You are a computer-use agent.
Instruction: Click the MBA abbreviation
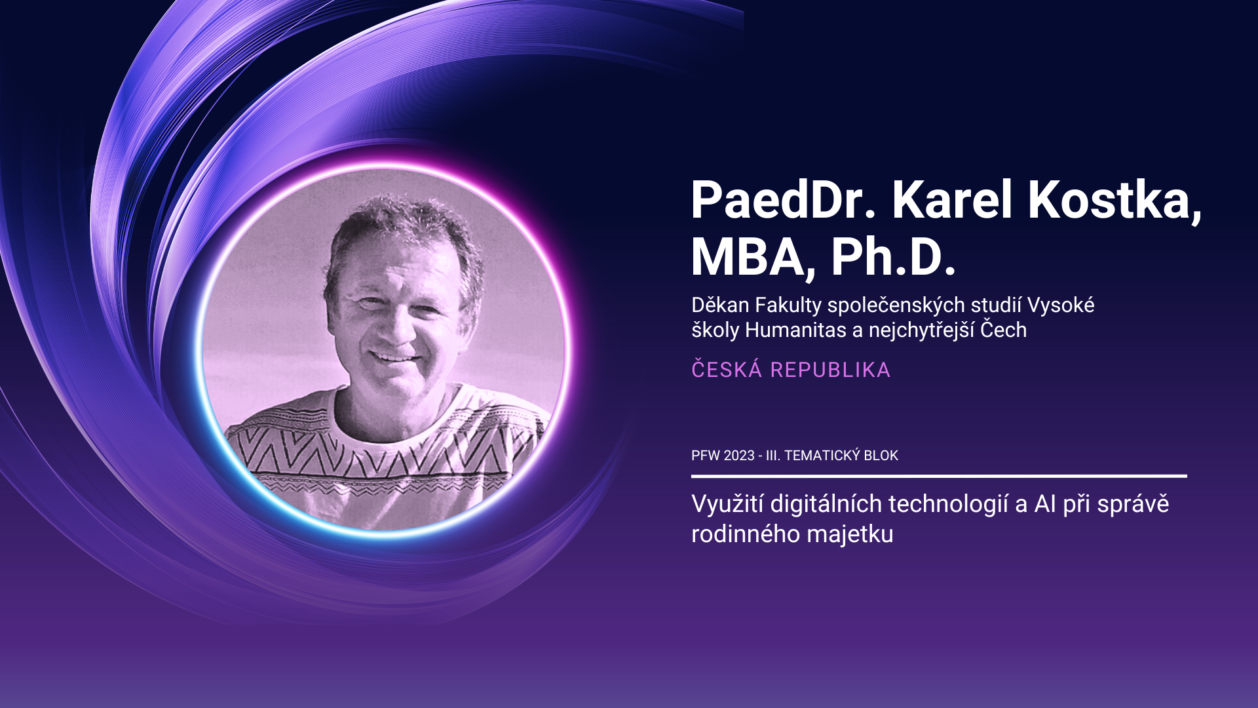tap(748, 257)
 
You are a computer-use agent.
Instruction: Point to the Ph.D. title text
tap(893, 257)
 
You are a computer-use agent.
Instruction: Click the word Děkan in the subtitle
tap(720, 305)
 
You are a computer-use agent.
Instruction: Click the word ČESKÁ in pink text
tap(727, 370)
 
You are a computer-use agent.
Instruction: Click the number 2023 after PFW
tap(739, 456)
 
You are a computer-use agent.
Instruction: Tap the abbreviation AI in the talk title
tap(1044, 504)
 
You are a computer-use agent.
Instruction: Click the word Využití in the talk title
tap(727, 504)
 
